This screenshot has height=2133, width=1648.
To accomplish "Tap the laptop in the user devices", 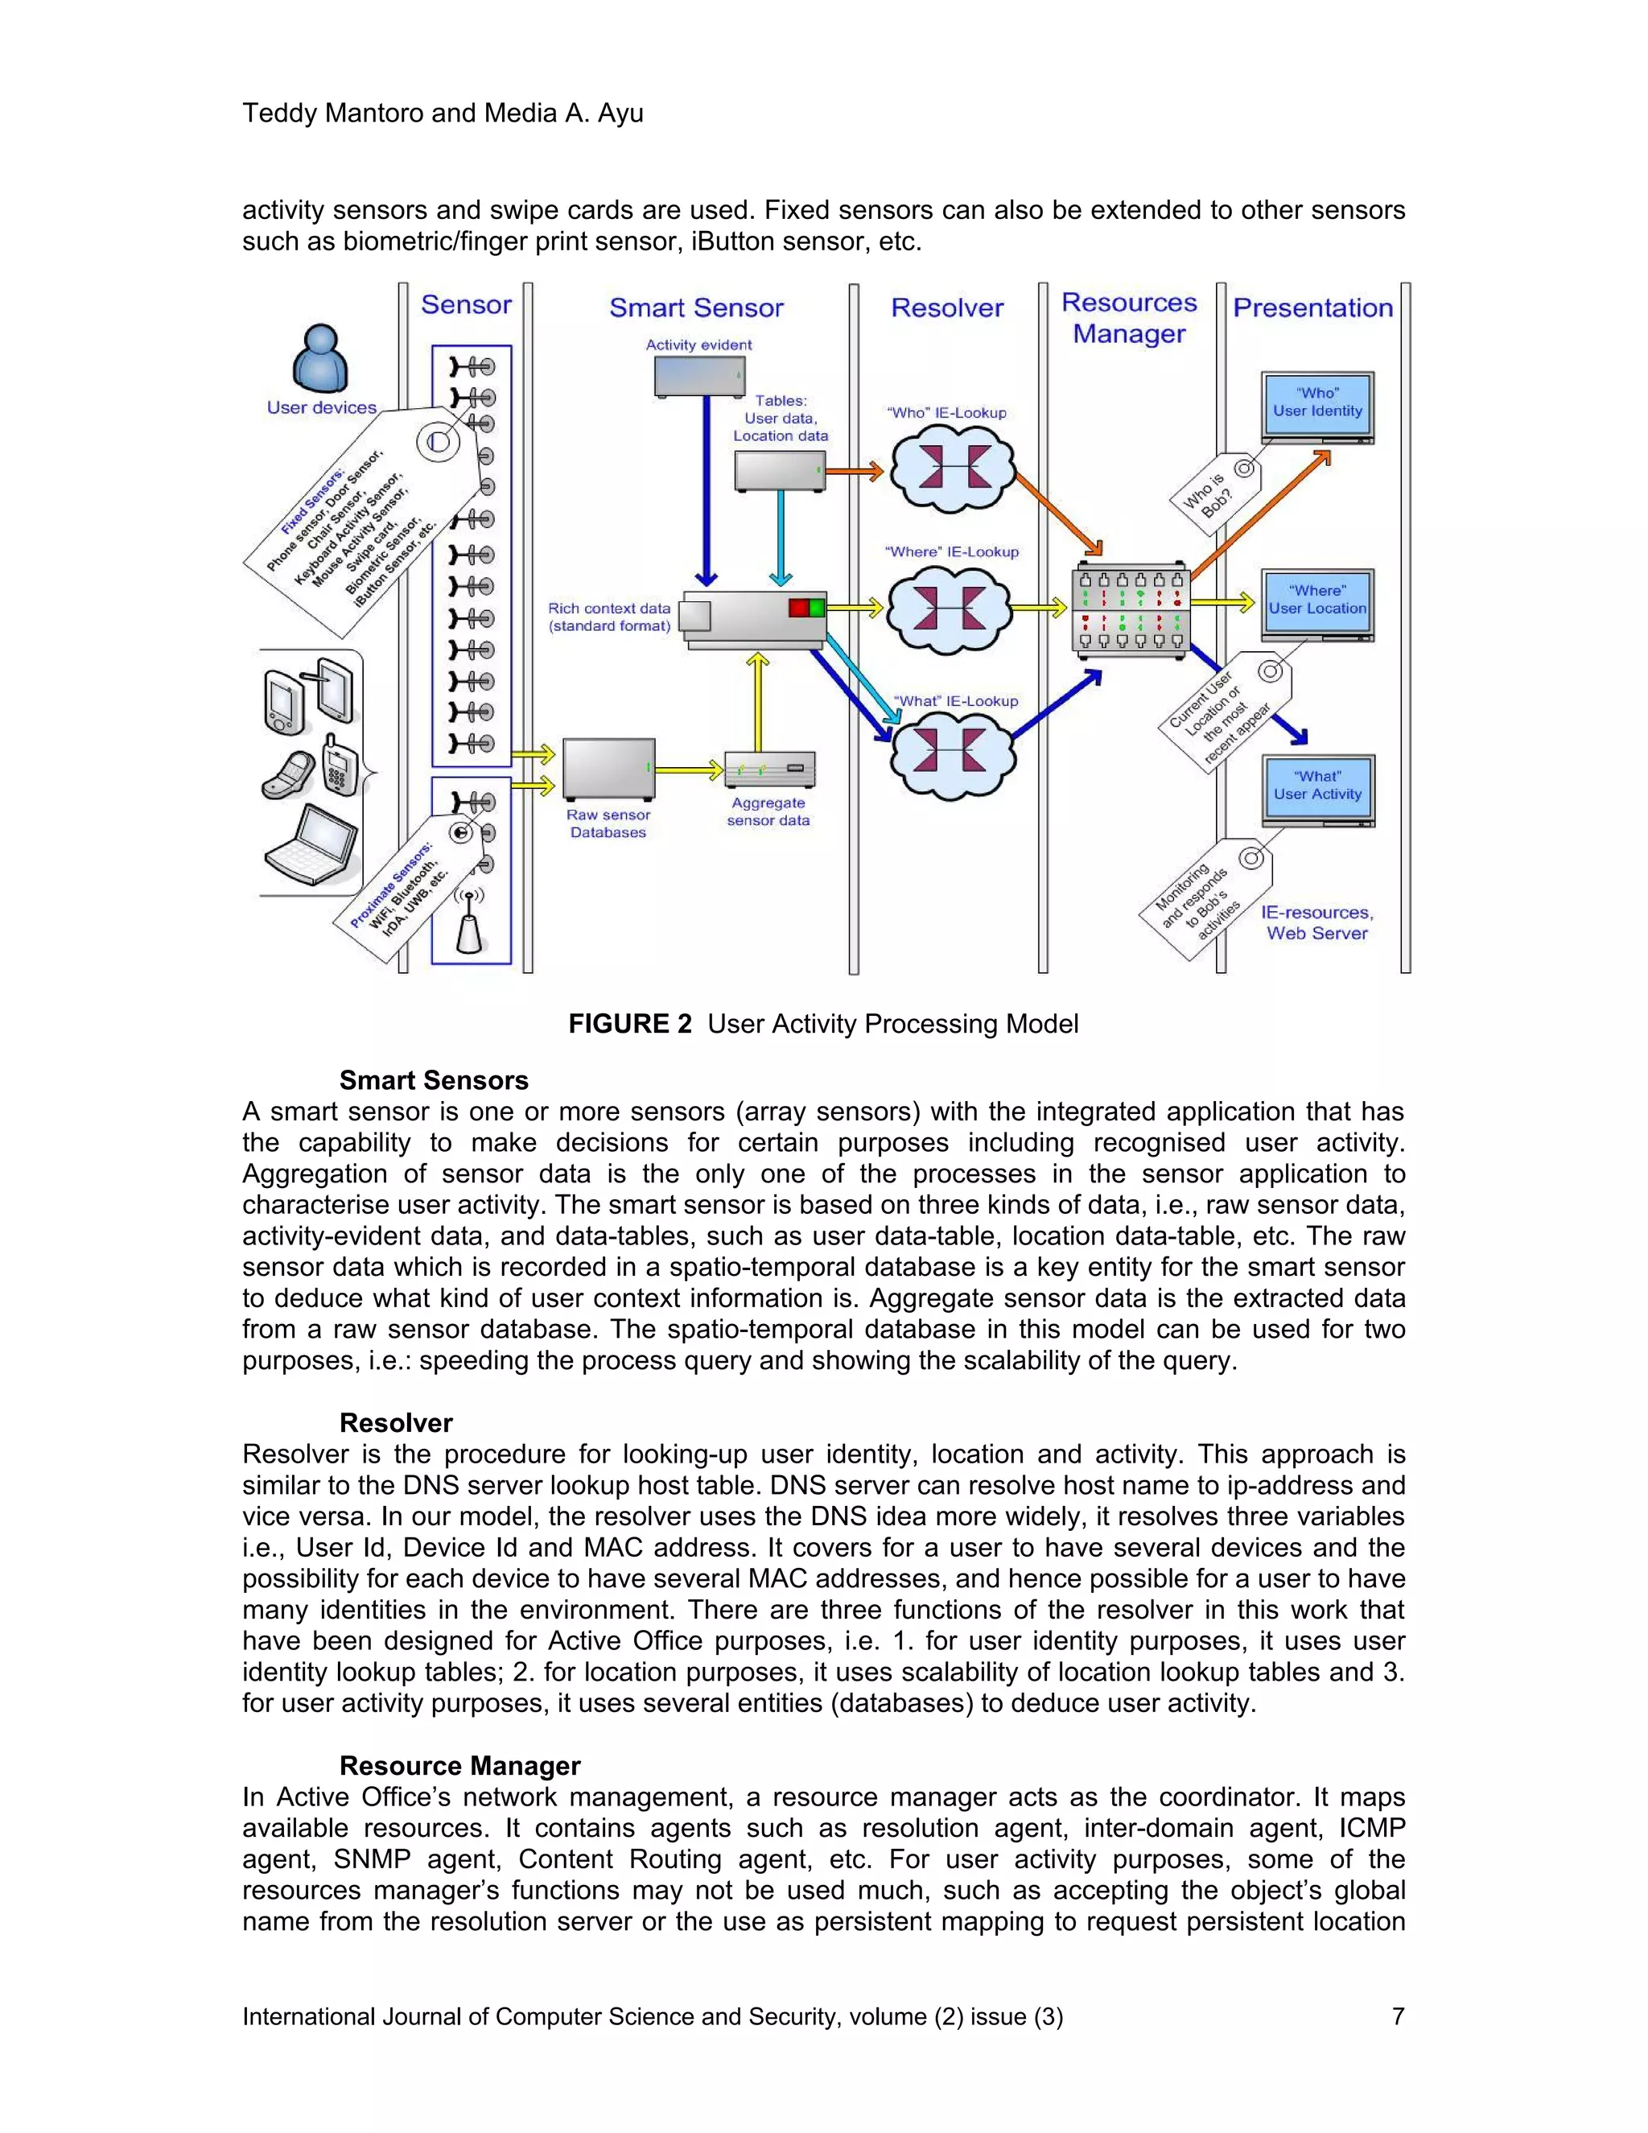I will [311, 846].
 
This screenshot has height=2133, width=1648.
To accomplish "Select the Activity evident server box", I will [699, 376].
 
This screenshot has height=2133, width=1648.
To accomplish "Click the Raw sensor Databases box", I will [608, 769].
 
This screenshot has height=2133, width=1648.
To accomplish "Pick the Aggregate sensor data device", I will [769, 769].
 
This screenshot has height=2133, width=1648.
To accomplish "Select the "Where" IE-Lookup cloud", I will [947, 609].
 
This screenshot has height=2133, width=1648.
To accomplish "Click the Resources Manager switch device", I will [1131, 609].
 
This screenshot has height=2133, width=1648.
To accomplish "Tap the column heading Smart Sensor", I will [696, 307].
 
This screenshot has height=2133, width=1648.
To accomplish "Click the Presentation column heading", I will [1312, 307].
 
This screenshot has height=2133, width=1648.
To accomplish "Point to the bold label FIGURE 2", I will [630, 1024].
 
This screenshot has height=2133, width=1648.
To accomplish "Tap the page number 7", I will [1397, 2015].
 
